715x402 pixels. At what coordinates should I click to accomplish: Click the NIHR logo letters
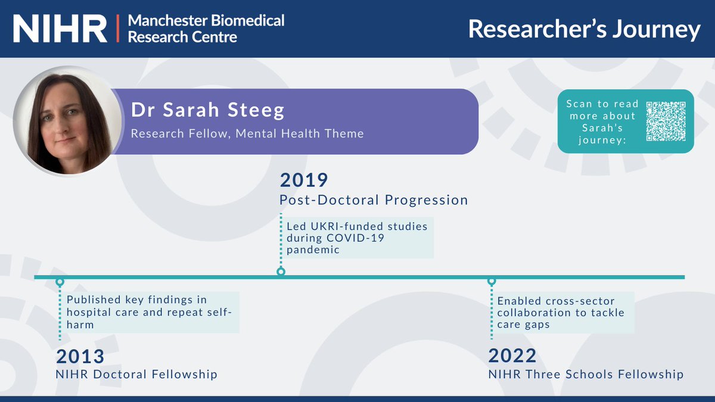60,28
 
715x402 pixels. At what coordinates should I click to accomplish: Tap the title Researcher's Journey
584,29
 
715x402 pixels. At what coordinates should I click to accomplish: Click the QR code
666,121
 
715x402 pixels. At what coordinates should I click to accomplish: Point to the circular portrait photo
67,120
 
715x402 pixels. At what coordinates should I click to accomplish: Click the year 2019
304,180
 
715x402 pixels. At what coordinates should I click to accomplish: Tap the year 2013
80,356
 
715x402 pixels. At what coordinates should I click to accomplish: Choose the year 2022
512,356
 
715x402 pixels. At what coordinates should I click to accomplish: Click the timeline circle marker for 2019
281,272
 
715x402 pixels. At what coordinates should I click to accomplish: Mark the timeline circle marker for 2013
60,281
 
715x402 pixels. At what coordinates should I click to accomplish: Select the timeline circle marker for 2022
492,281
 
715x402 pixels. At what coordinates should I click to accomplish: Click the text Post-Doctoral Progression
374,200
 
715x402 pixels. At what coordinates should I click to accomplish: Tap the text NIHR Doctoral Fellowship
137,375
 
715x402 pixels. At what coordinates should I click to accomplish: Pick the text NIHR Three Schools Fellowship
586,375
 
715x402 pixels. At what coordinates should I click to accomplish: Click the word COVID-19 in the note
356,238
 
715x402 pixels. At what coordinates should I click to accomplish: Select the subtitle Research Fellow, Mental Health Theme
247,133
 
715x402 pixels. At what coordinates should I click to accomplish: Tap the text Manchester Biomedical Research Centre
206,28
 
